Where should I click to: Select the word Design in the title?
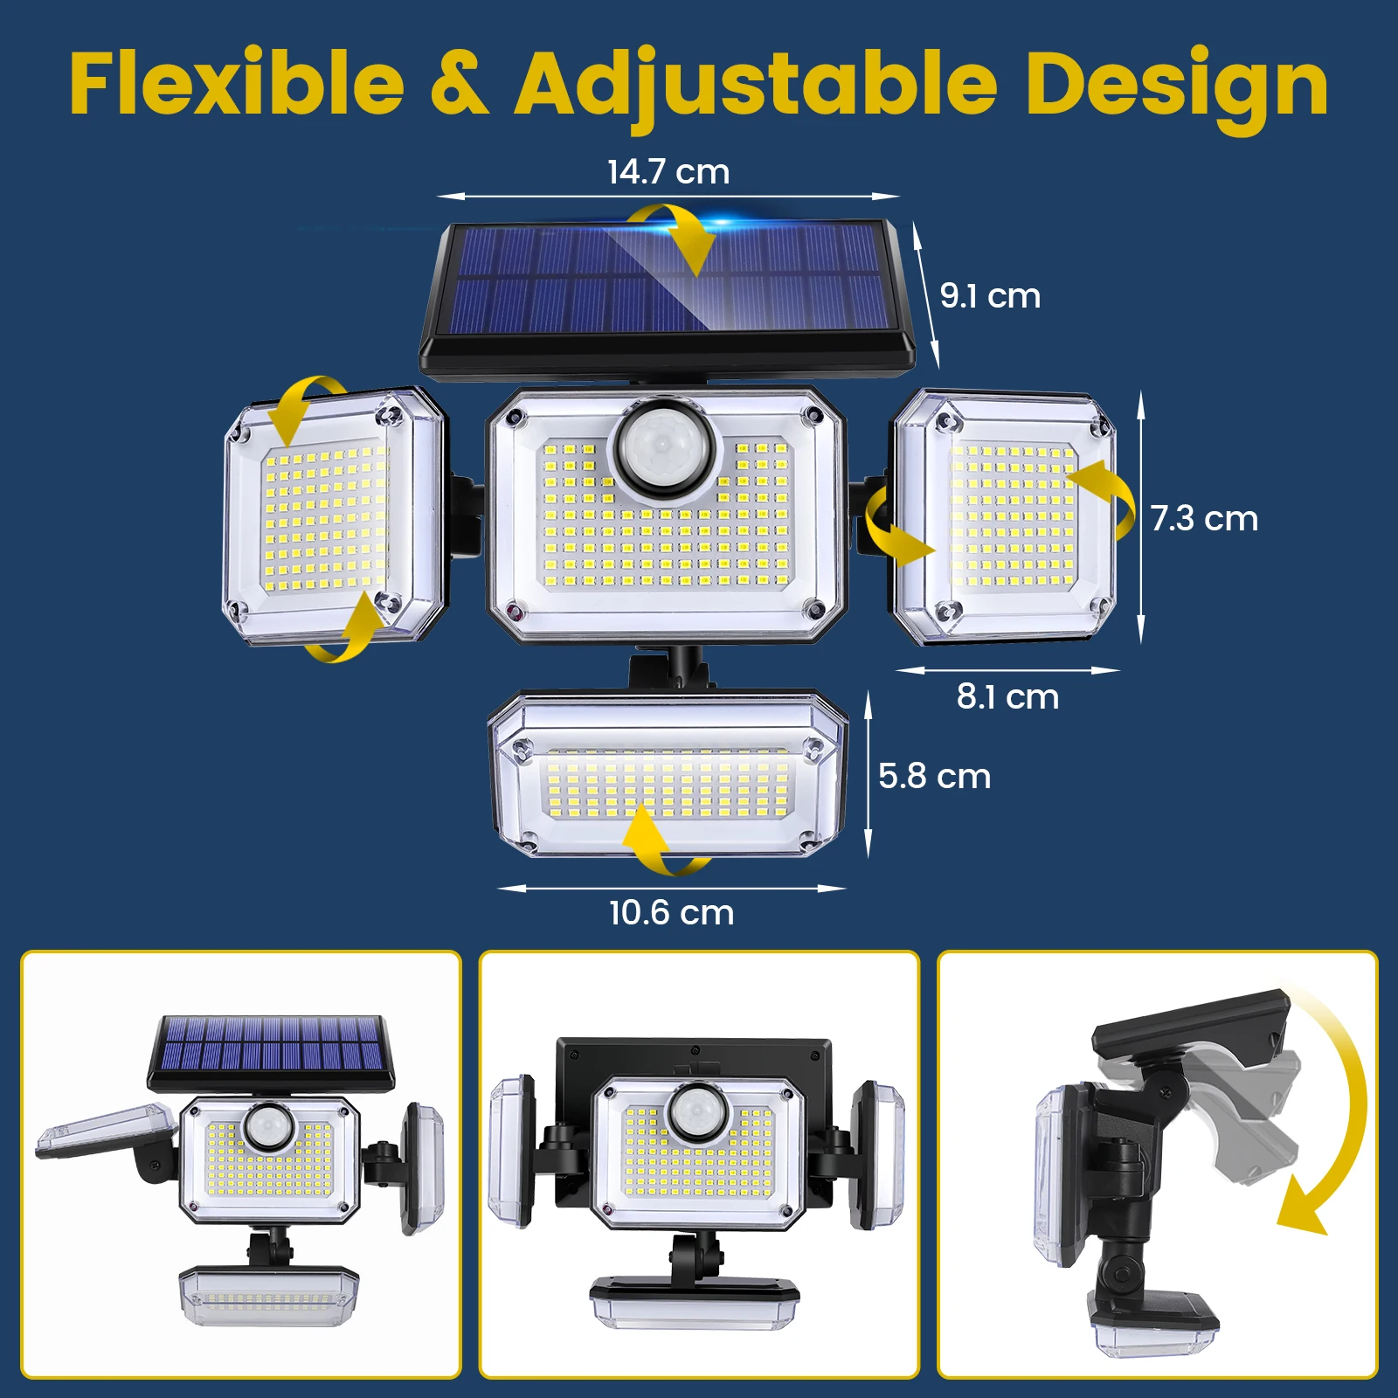1176,86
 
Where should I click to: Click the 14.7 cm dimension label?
668,172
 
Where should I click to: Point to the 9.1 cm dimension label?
990,296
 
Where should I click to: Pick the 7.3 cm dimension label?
1204,519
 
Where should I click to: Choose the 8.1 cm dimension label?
1007,697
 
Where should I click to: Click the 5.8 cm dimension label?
934,777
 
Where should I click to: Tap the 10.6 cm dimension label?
671,913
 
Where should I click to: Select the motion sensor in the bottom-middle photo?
698,1111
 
